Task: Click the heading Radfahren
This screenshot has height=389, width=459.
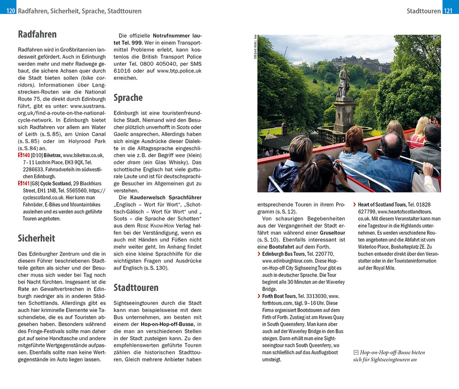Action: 37,34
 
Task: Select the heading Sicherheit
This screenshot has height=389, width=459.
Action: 36,238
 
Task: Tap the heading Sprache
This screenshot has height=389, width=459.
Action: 128,98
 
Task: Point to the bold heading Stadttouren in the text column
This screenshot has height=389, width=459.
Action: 136,287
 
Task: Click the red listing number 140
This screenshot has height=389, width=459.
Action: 24,155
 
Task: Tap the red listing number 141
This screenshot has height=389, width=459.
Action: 24,183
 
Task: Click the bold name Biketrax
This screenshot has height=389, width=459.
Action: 53,155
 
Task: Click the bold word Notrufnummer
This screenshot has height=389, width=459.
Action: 172,35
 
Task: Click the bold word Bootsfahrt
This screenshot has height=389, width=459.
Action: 283,247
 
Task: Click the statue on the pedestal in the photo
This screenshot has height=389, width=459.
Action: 343,82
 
